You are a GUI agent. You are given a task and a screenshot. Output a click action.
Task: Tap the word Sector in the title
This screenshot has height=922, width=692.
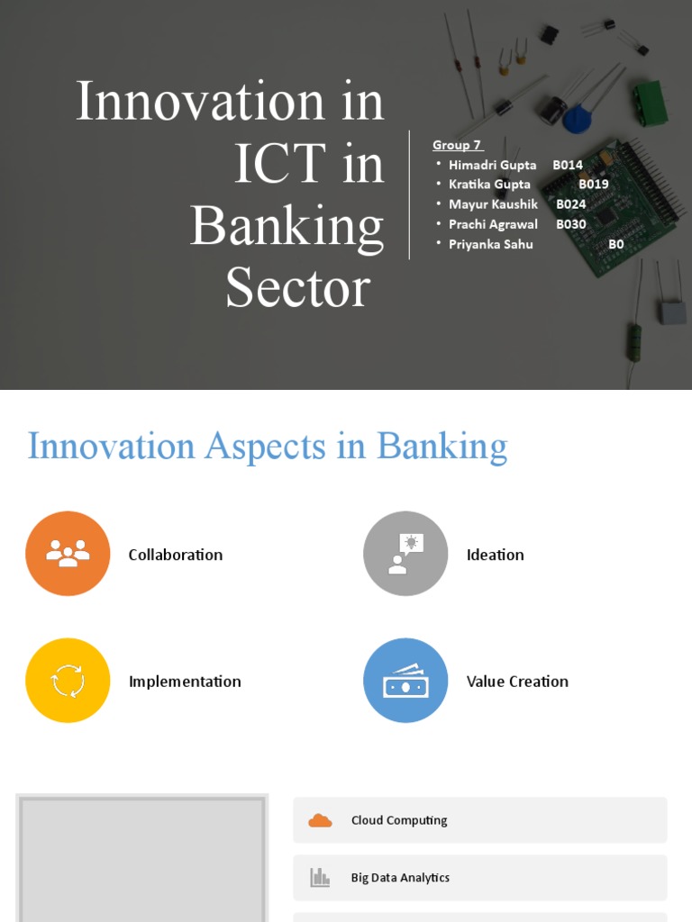click(x=297, y=288)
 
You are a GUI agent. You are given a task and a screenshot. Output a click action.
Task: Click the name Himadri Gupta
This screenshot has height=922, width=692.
click(x=492, y=165)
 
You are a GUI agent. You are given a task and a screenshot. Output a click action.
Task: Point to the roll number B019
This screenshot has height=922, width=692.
click(x=594, y=185)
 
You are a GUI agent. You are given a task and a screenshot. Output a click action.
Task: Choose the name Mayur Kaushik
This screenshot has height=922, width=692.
click(x=493, y=204)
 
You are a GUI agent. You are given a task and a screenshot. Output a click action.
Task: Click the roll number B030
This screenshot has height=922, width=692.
click(x=571, y=224)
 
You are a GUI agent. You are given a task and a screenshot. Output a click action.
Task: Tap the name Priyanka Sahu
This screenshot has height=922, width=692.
click(x=491, y=244)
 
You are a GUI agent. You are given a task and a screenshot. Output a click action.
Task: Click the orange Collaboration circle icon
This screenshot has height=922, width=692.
click(x=68, y=554)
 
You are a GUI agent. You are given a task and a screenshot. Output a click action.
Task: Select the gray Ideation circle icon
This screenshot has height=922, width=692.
click(x=405, y=554)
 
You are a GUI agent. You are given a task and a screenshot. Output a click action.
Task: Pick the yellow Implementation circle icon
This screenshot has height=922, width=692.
click(x=68, y=681)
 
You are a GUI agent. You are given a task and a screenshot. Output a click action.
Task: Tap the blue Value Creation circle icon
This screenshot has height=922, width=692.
click(x=405, y=681)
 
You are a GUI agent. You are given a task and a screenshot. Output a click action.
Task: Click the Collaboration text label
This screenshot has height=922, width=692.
click(x=176, y=555)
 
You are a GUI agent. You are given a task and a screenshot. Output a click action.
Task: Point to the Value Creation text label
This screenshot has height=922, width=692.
click(x=517, y=682)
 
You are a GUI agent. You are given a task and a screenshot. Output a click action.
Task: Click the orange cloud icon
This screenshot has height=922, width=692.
click(x=320, y=820)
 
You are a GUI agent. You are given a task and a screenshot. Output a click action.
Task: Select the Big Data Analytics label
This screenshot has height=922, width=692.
click(x=400, y=878)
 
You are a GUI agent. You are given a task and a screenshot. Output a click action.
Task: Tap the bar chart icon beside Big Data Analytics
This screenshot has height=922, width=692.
click(x=320, y=878)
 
